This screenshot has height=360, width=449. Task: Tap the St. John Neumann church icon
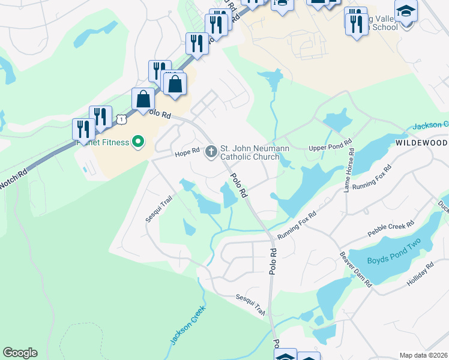[x=211, y=151]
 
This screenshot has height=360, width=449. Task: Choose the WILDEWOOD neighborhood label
[x=421, y=143]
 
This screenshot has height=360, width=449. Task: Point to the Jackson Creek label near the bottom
[x=187, y=325]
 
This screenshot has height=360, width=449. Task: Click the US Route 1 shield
[x=121, y=119]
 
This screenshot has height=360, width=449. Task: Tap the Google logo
[x=20, y=353]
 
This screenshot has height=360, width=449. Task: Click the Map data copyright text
[x=424, y=355]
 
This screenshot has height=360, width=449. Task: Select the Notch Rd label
[x=13, y=180]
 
